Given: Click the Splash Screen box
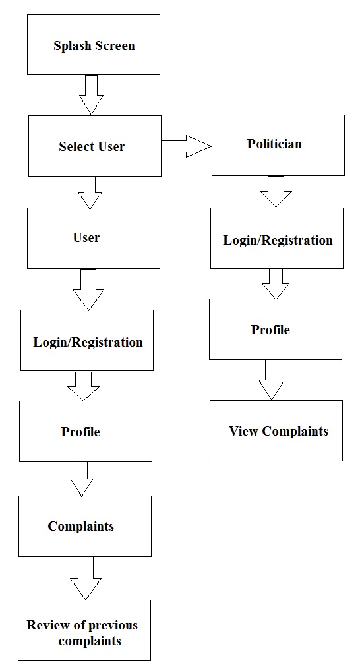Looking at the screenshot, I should pyautogui.click(x=93, y=44).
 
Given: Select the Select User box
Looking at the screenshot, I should pyautogui.click(x=94, y=146).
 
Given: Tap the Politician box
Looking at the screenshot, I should pyautogui.click(x=278, y=145).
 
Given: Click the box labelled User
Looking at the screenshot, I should pyautogui.click(x=93, y=238).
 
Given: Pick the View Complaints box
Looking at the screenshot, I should pyautogui.click(x=276, y=430).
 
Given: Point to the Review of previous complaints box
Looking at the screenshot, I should pyautogui.click(x=84, y=630).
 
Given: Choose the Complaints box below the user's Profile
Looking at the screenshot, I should pyautogui.click(x=84, y=526).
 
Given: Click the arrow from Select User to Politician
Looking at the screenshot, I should pyautogui.click(x=185, y=146).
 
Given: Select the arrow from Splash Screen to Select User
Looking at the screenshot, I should pyautogui.click(x=92, y=95).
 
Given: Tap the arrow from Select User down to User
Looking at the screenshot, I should pyautogui.click(x=90, y=192).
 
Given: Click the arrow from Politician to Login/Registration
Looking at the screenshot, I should pyautogui.click(x=276, y=191).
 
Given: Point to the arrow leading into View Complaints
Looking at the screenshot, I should pyautogui.click(x=271, y=379).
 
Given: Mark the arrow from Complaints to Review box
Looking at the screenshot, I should pyautogui.click(x=86, y=578).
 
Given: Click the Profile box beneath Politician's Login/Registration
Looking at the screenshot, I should pyautogui.click(x=276, y=329).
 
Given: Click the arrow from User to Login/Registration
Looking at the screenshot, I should pyautogui.click(x=89, y=289).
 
